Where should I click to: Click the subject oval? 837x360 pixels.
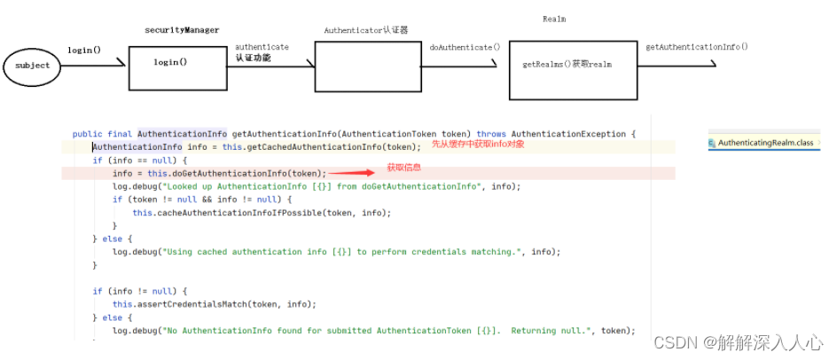pos(32,66)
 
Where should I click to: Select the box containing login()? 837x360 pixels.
pos(170,63)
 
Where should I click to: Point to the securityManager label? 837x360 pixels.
pos(182,31)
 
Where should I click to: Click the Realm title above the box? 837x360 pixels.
pos(554,19)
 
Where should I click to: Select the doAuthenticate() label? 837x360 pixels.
pos(465,46)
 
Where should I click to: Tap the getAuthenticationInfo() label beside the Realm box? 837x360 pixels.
pos(696,46)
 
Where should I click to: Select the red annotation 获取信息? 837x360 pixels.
pos(403,168)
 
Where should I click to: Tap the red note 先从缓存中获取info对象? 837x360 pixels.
pos(478,144)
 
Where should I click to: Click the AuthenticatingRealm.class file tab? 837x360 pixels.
pos(764,143)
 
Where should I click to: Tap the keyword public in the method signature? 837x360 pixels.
pos(86,134)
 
